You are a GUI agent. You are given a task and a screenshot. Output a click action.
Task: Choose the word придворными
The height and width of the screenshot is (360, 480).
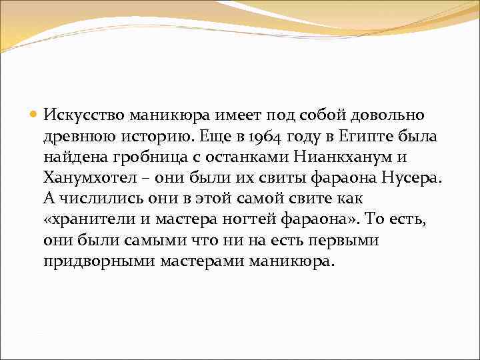99,261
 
